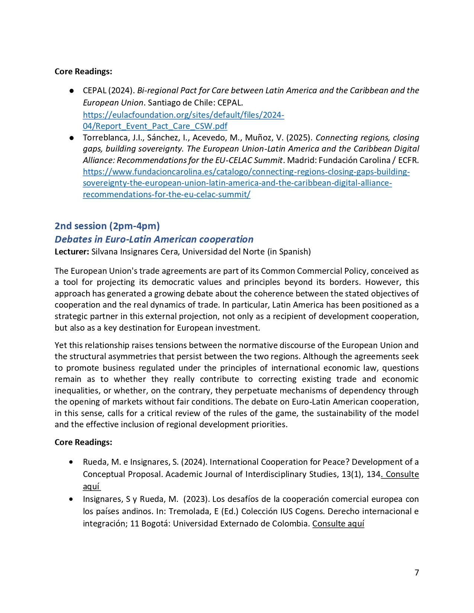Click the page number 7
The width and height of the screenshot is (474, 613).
point(416,573)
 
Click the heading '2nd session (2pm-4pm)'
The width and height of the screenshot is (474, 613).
point(107,226)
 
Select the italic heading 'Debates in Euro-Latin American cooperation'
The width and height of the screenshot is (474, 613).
point(154,239)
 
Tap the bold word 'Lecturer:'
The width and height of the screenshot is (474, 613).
point(72,252)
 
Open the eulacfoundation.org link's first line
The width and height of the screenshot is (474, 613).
point(183,115)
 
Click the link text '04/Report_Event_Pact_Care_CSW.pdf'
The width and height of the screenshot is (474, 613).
point(155,126)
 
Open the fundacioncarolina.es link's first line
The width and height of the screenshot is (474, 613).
point(246,172)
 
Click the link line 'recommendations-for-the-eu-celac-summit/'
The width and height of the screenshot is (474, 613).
point(167,194)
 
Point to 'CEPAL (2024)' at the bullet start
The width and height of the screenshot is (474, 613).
point(108,91)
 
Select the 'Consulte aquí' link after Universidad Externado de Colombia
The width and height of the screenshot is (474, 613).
point(338,523)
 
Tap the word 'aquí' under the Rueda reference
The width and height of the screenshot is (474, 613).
point(91,486)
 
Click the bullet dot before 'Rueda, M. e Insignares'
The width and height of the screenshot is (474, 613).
point(71,462)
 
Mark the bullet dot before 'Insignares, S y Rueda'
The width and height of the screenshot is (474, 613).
point(71,499)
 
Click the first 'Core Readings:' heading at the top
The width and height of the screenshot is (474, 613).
point(83,71)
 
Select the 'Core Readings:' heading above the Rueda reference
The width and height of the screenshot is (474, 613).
point(83,442)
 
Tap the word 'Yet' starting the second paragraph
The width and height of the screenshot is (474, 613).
point(61,345)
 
